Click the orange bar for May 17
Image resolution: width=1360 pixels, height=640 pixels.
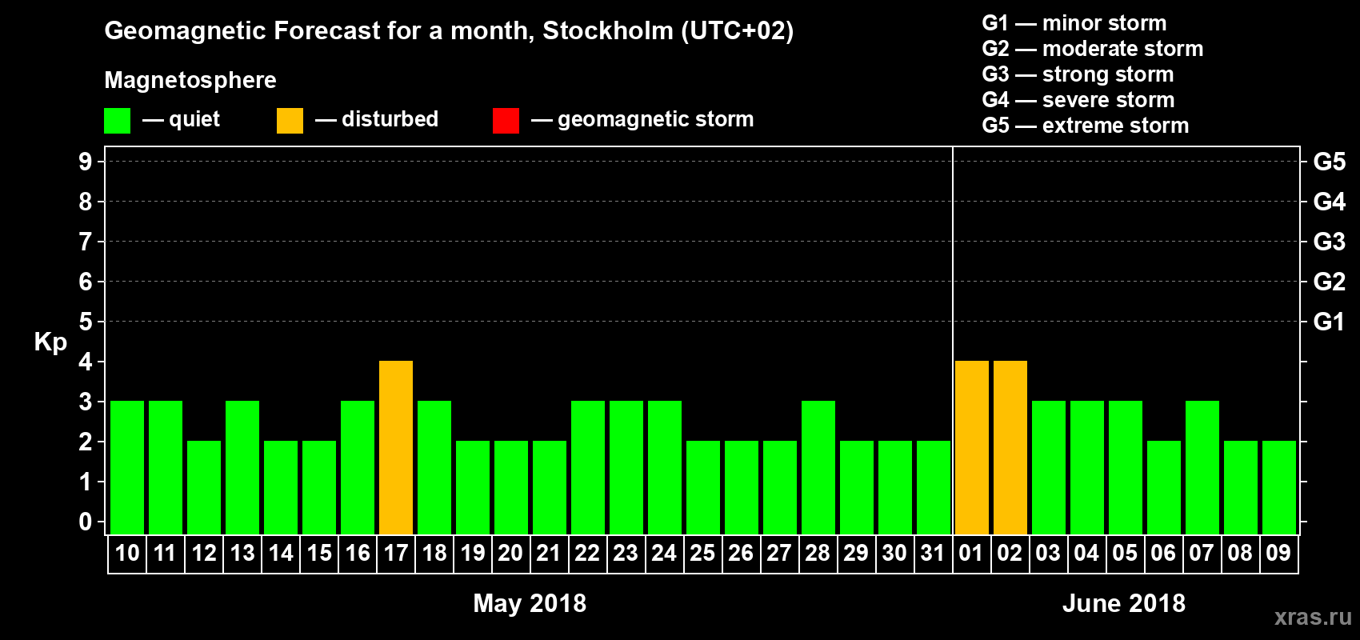tap(396, 448)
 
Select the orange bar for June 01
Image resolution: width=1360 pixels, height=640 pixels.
tap(971, 448)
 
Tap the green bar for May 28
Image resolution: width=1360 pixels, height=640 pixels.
tap(818, 468)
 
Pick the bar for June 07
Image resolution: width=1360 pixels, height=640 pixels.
tap(1202, 468)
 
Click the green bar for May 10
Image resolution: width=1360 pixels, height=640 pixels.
tap(127, 468)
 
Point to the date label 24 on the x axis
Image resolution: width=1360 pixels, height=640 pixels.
tap(664, 554)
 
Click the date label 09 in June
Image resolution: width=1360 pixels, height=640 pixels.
tap(1278, 554)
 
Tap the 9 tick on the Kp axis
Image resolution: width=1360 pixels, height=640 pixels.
tap(86, 162)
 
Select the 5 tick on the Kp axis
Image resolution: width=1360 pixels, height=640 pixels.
tap(86, 322)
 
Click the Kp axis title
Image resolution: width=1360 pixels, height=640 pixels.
tap(50, 342)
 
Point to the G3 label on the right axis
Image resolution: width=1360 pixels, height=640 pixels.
tap(1329, 242)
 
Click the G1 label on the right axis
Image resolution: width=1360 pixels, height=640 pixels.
tap(1329, 322)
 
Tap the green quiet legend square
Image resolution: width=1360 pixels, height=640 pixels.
tap(117, 121)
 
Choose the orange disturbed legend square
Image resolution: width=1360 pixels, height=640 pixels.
tap(290, 121)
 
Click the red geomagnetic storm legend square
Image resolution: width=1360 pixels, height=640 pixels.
tap(506, 121)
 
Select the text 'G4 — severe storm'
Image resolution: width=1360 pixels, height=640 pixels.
tap(1078, 100)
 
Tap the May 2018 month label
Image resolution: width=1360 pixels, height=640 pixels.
tap(530, 603)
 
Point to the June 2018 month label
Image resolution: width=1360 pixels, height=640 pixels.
tap(1123, 603)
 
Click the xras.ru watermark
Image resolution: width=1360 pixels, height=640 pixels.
tap(1312, 617)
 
